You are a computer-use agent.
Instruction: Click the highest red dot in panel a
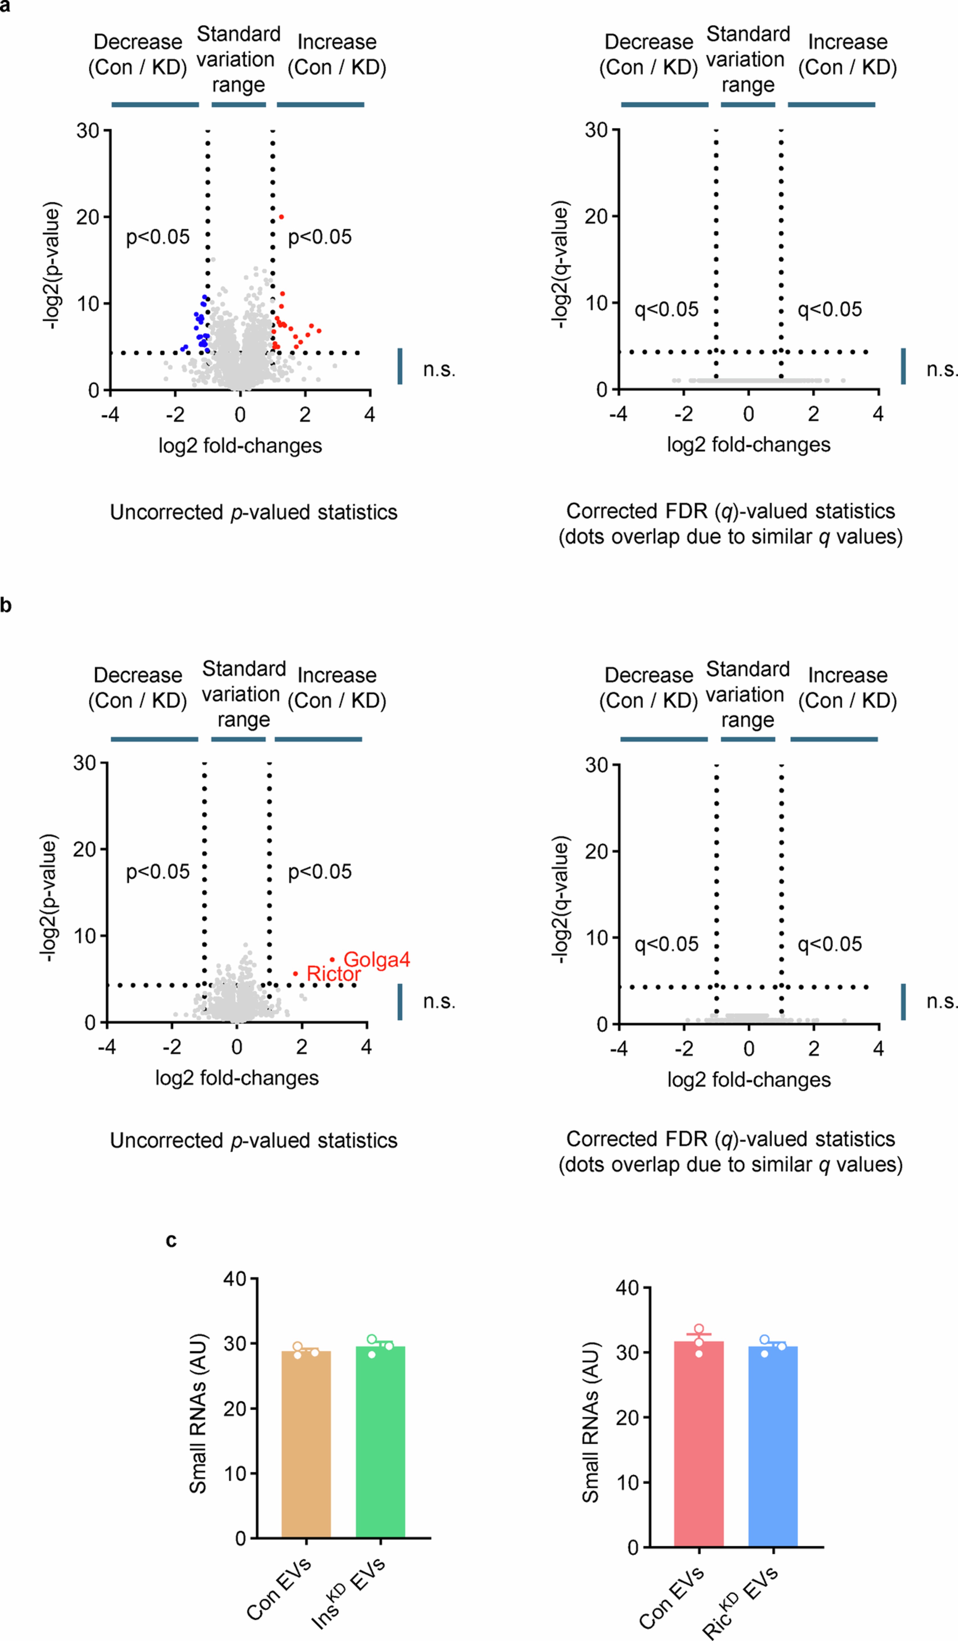[281, 217]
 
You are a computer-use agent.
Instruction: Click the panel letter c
[171, 1241]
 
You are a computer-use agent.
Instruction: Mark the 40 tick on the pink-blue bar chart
[627, 1288]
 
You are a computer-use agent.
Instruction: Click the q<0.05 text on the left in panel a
[666, 309]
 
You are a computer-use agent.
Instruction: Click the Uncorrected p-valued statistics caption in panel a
[253, 513]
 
